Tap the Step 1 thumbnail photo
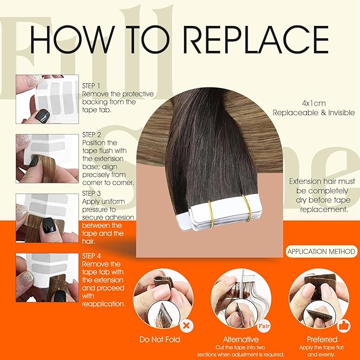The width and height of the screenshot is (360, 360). point(46,99)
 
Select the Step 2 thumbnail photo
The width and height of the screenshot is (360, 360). point(46,159)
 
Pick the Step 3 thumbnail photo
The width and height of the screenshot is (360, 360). point(46,218)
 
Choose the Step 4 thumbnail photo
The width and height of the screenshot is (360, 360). point(46,277)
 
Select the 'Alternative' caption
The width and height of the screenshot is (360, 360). point(241,339)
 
